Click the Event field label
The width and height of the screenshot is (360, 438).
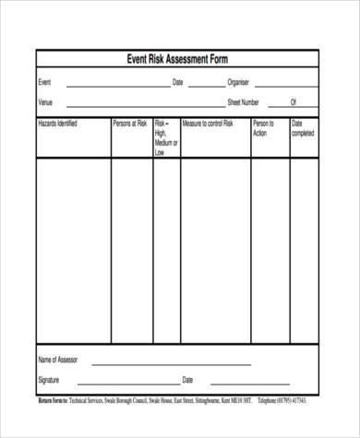[x=44, y=83]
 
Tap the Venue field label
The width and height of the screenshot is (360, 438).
[x=45, y=101]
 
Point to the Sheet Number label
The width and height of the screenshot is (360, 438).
[x=244, y=101]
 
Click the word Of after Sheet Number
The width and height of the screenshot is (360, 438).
[x=294, y=101]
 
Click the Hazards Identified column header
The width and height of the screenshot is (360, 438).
[x=57, y=123]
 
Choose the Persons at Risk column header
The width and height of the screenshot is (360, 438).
[x=130, y=123]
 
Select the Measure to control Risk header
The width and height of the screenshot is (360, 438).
[x=208, y=123]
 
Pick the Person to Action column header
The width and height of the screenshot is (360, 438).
[x=263, y=127]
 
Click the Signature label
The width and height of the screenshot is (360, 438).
[x=49, y=380]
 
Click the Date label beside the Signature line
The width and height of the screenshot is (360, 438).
[x=187, y=380]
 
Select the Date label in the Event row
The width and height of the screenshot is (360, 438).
[x=178, y=83]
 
